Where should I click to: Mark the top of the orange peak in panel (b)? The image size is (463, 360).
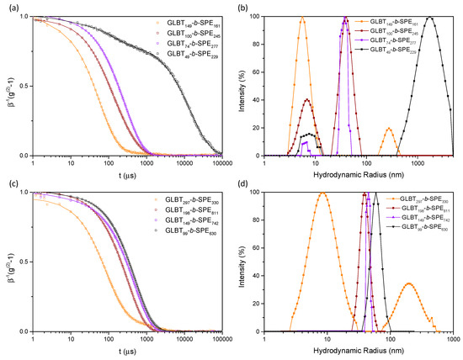(x=302, y=17)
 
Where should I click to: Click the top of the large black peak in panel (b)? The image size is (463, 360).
(x=431, y=17)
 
